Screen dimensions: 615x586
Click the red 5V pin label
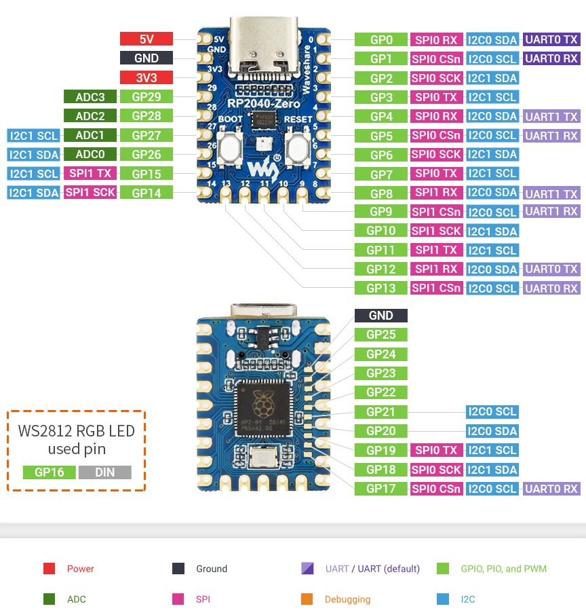coord(146,39)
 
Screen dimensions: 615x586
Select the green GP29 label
coord(146,96)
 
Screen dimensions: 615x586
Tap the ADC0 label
coord(90,154)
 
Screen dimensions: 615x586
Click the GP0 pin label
coord(381,40)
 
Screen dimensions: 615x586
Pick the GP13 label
coord(381,288)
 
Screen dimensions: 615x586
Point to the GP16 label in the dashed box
coord(49,472)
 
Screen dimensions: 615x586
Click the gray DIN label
coord(104,472)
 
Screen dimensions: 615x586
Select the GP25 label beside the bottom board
coord(381,335)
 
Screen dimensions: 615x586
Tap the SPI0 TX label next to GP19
coord(436,450)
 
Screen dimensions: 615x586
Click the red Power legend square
coord(49,569)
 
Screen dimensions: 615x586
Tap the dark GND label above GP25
coord(381,316)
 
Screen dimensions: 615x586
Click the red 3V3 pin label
coord(146,77)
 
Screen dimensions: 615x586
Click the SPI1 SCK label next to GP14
coord(90,193)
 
